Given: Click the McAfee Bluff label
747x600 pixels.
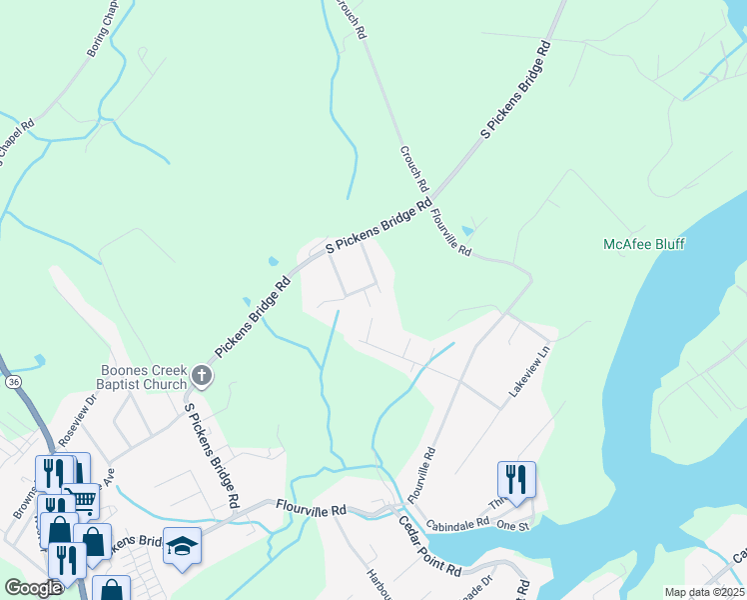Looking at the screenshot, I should [644, 244].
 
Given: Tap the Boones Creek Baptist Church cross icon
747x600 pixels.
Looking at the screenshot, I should [202, 376].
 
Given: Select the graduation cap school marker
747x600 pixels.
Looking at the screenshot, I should [183, 545].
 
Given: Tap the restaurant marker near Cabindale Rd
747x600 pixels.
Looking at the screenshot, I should [516, 478].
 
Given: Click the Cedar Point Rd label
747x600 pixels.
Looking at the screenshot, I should [428, 546].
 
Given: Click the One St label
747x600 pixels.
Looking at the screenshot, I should [510, 525].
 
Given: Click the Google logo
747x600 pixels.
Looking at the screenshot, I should [34, 588].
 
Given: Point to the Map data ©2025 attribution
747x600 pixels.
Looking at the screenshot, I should [703, 592].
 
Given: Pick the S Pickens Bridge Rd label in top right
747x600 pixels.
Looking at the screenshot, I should [516, 90].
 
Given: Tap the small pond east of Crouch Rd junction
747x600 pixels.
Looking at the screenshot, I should [469, 231].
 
